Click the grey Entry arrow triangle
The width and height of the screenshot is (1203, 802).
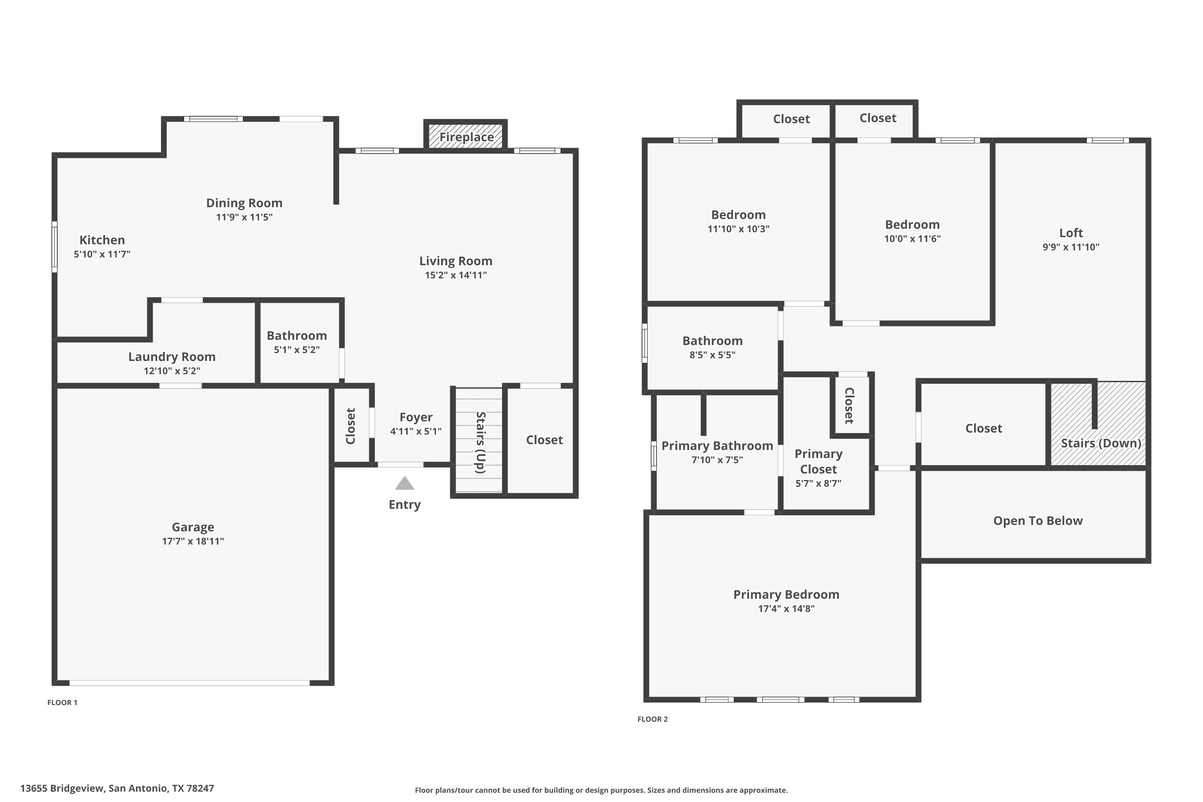(404, 483)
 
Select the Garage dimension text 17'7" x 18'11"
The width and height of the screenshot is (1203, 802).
(193, 541)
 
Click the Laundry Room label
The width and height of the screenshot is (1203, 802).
(172, 356)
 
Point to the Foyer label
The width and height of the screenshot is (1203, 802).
(416, 417)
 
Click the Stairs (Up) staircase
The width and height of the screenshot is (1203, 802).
(479, 442)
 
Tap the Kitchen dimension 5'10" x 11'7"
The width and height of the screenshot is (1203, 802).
(102, 254)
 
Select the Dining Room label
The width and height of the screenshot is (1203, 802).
(244, 203)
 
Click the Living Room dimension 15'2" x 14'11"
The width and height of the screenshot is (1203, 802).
(455, 275)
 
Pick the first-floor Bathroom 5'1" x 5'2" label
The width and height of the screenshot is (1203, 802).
(297, 336)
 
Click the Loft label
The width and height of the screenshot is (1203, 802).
(1071, 233)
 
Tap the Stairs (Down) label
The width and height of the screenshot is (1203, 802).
(1101, 443)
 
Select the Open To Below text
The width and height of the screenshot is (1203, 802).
(1038, 520)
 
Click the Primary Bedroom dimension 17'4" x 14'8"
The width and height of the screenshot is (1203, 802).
(786, 609)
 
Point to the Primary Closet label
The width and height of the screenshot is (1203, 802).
(818, 462)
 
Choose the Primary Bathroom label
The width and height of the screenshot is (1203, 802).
(717, 446)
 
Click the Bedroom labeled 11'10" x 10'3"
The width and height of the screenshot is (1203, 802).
(738, 215)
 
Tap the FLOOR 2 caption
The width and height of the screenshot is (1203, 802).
(652, 719)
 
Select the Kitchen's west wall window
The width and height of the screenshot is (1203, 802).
(54, 247)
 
